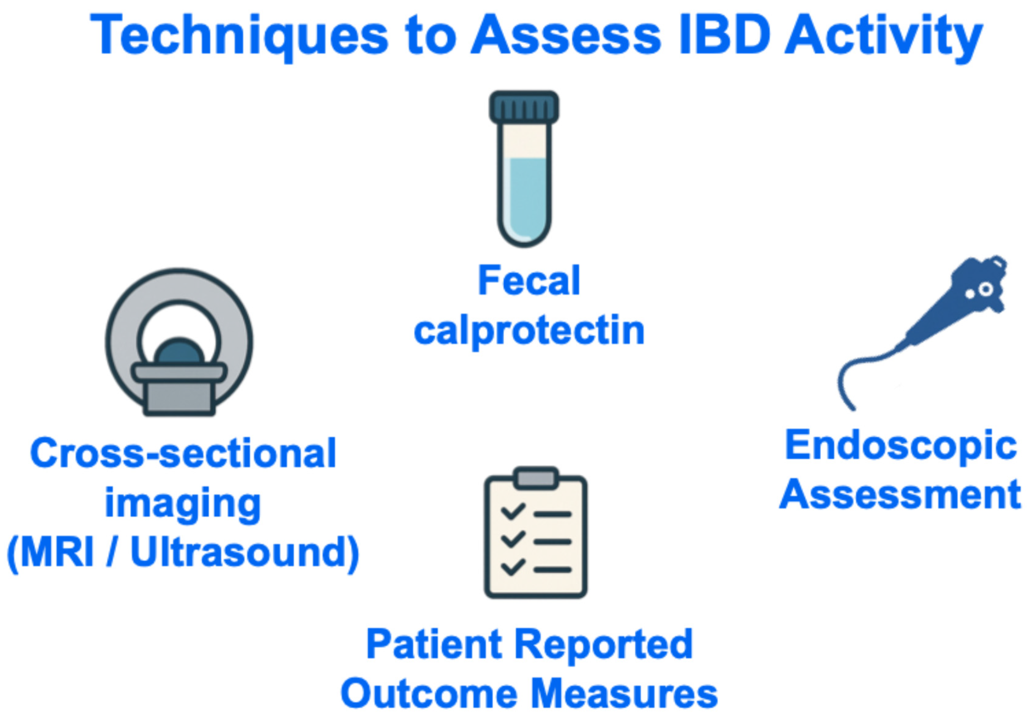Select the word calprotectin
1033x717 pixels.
tap(529, 332)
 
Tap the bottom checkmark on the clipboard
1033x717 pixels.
tap(512, 567)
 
